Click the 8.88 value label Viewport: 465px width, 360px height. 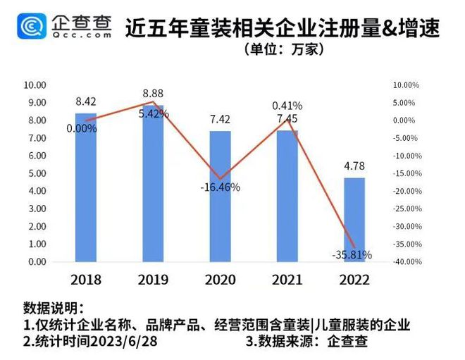(153, 93)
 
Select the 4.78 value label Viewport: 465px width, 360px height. (354, 167)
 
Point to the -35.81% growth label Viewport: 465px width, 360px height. (350, 254)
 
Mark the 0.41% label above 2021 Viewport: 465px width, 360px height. (287, 106)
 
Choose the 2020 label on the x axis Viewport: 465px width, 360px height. (220, 279)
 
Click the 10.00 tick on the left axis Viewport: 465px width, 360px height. (35, 85)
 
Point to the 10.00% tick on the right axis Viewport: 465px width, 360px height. (407, 85)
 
